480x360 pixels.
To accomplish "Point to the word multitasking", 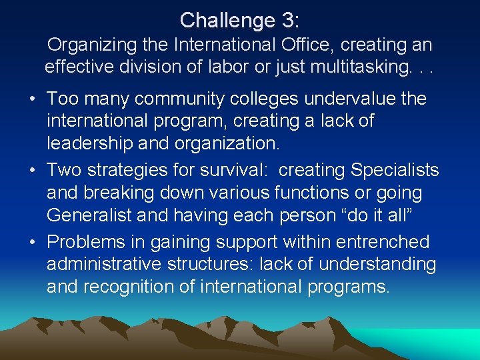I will [x=360, y=67].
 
